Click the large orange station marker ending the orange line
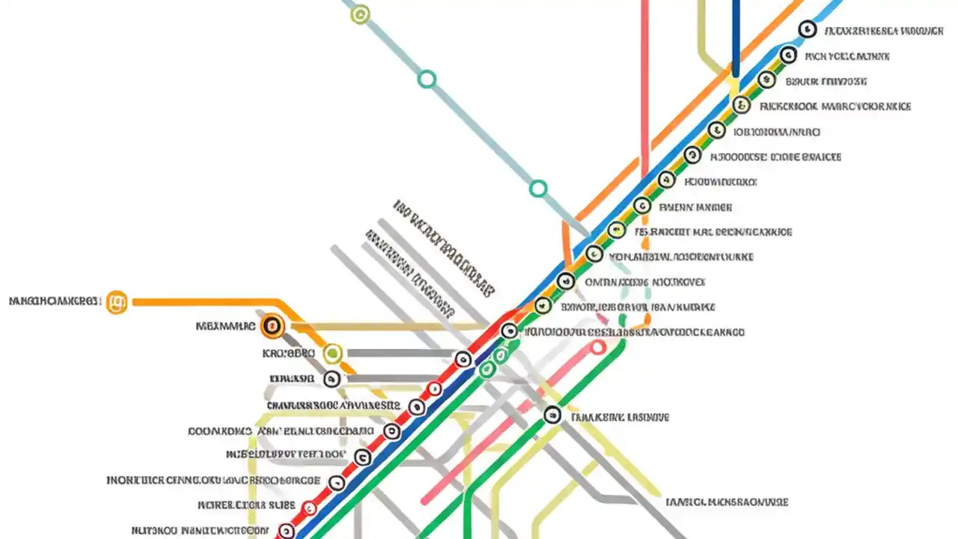click(117, 302)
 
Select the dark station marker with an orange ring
click(272, 326)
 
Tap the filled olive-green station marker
click(332, 353)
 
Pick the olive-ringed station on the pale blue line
click(360, 14)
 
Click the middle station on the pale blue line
click(427, 79)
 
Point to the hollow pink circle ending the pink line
click(597, 347)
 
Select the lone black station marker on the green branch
click(552, 414)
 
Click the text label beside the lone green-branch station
click(620, 417)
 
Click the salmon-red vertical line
click(644, 75)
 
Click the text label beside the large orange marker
click(54, 302)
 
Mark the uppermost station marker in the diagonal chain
click(807, 29)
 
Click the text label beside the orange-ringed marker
click(225, 326)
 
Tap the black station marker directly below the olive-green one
click(332, 379)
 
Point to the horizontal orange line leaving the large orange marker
click(202, 302)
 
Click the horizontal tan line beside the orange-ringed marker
click(389, 327)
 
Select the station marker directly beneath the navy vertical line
click(741, 105)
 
